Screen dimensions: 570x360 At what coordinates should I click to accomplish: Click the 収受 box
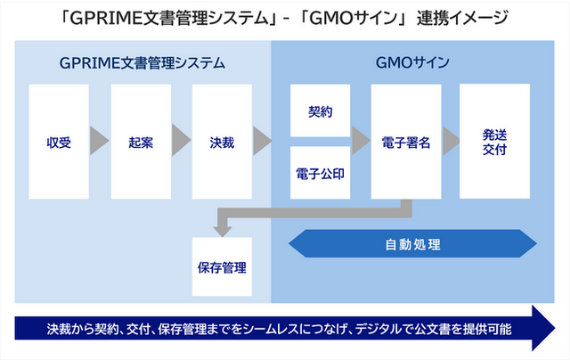coord(59,142)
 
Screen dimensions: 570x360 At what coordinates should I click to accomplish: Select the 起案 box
coord(141,142)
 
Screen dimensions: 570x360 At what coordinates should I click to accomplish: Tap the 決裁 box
coord(222,142)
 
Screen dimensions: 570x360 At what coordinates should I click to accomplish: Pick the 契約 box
coord(321,110)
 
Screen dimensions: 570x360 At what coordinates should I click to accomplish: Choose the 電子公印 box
coord(321,173)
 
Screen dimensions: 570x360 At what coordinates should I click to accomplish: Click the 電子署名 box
coord(406,142)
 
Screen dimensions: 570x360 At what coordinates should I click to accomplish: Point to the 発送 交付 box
coord(495,142)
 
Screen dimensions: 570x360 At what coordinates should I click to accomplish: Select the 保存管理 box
coord(222,266)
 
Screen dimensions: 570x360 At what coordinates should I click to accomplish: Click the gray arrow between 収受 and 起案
coord(99,141)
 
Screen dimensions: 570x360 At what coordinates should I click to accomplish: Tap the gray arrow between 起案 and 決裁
coord(182,140)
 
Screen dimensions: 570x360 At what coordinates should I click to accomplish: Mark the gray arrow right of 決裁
coord(263,141)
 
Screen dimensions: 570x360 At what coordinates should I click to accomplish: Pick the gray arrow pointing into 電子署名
coord(361,141)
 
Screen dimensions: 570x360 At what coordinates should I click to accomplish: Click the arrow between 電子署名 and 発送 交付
coord(452,141)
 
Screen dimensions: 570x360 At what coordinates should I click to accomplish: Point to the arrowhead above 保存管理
coord(223,232)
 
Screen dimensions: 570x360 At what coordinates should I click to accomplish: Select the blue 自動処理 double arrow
coord(412,243)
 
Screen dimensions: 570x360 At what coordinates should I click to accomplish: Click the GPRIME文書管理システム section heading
coord(142,63)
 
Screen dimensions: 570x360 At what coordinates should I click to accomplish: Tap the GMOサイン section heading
coord(412,63)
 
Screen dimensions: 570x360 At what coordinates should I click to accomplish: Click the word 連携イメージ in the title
coord(462,18)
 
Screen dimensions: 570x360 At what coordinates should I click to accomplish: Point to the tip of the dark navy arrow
coord(555,328)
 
